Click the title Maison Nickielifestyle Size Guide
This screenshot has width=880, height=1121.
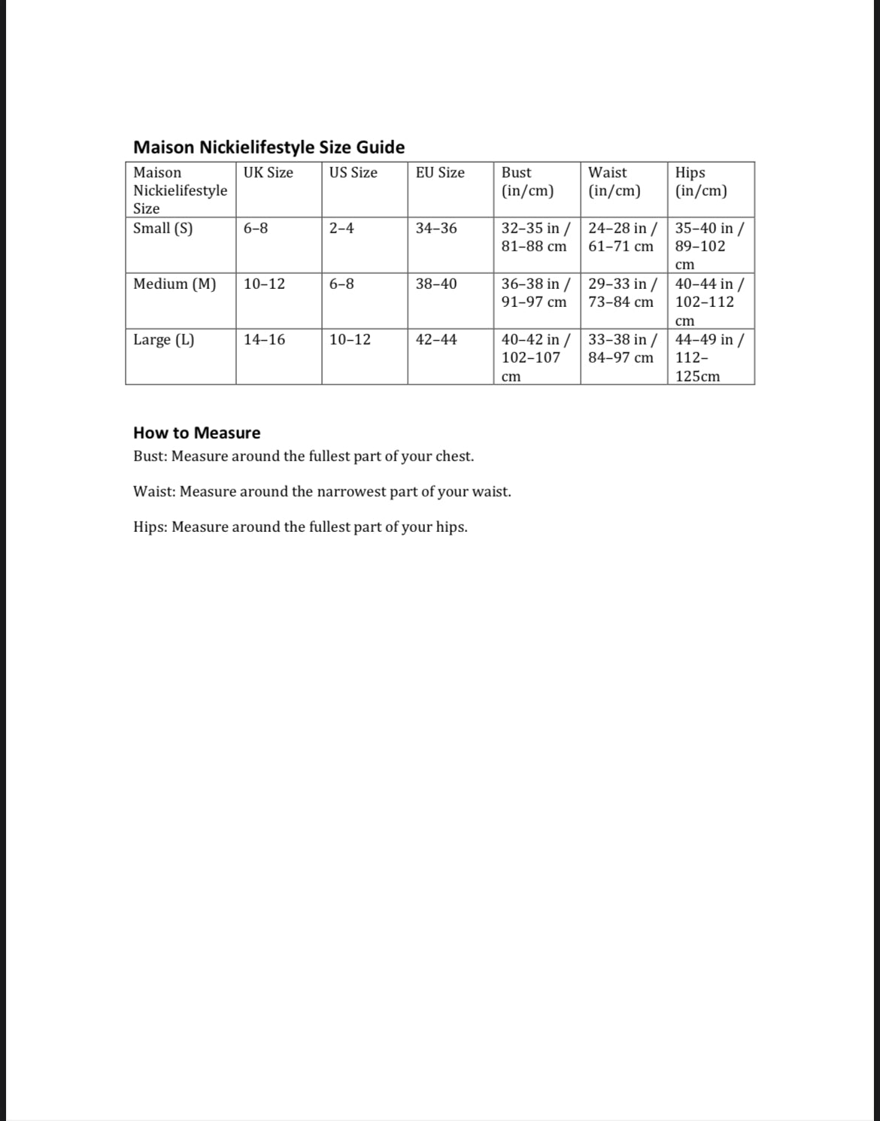tap(269, 147)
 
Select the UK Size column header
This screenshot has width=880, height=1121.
tap(268, 172)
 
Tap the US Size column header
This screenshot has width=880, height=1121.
tap(353, 172)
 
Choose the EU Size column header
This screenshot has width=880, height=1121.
tap(440, 172)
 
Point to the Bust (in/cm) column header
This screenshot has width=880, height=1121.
tap(527, 181)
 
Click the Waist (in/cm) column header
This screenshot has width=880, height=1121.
tap(614, 181)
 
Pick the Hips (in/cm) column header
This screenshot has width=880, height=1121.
tap(701, 181)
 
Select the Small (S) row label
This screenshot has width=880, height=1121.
tap(162, 228)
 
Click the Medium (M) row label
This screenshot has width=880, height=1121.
tap(174, 284)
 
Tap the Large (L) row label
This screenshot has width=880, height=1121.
tap(163, 339)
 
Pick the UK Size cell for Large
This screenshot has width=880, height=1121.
tap(264, 339)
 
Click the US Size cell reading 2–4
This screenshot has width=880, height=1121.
tap(341, 228)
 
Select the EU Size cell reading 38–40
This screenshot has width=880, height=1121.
tap(436, 284)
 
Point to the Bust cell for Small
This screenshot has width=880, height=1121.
tap(536, 237)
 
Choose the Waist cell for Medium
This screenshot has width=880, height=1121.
tap(623, 293)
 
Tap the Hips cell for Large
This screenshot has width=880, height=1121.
tap(709, 357)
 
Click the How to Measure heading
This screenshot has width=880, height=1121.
tap(196, 433)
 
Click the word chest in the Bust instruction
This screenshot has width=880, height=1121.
tap(453, 456)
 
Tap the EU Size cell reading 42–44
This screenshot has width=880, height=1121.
tap(436, 339)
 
